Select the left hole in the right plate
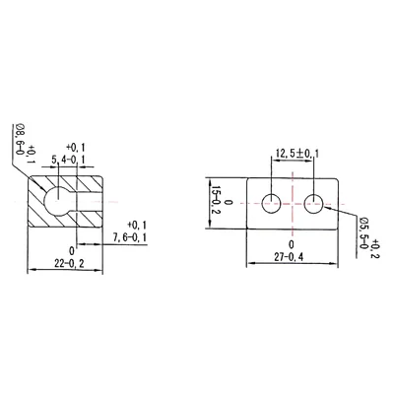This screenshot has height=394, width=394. pos(271,204)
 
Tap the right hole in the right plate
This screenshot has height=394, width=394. pos(314,204)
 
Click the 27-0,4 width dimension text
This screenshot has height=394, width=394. pos(292,257)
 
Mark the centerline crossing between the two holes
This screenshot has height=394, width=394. pos(293,204)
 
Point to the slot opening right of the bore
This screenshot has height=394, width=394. pos(88,202)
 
